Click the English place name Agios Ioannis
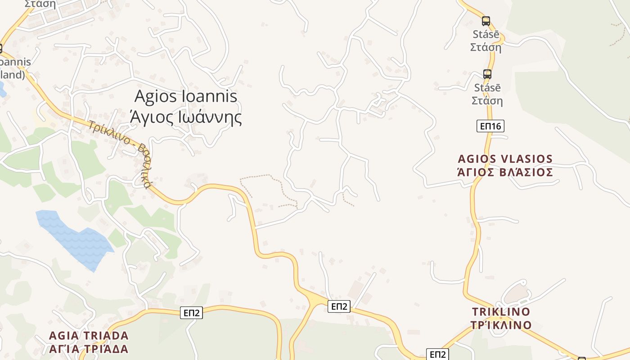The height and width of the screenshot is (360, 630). (x=186, y=96)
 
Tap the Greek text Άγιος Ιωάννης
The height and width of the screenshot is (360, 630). (x=186, y=117)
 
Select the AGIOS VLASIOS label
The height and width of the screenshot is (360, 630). (x=505, y=159)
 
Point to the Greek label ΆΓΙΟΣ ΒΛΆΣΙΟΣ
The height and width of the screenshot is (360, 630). (x=505, y=172)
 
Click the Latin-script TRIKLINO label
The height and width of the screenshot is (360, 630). (x=501, y=311)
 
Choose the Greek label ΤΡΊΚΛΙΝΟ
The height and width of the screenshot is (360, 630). (x=501, y=324)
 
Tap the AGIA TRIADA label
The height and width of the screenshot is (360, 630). (x=89, y=336)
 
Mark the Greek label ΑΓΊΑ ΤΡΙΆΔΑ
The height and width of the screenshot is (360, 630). (x=89, y=349)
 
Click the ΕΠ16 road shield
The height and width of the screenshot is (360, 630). (x=490, y=126)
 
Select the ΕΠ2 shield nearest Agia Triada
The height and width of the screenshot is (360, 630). (x=192, y=313)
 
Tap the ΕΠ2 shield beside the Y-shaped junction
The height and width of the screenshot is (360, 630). (x=339, y=306)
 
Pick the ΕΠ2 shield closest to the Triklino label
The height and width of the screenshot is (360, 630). (x=437, y=354)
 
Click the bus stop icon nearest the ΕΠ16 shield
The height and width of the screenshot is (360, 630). (x=487, y=74)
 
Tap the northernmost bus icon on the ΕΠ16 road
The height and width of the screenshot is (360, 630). (x=486, y=21)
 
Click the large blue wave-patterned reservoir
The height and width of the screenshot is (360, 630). (x=74, y=238)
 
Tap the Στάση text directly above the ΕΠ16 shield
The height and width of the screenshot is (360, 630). (x=487, y=100)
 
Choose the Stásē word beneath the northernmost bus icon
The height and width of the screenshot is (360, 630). (x=486, y=34)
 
